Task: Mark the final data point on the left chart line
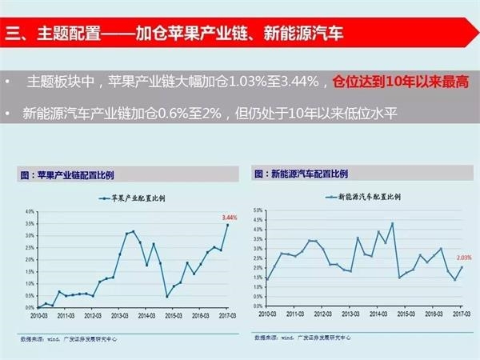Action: pyautogui.click(x=228, y=225)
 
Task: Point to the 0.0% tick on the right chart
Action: pyautogui.click(x=258, y=306)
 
